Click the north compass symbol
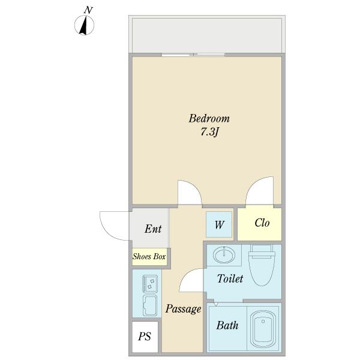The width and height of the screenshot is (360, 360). (84, 25)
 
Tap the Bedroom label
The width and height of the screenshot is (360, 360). (209, 118)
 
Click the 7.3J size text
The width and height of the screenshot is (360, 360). (209, 132)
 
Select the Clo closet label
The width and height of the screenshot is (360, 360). (262, 223)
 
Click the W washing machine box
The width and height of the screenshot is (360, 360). (219, 224)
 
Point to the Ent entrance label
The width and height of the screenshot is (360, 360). (153, 229)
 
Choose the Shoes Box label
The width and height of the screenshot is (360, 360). (149, 256)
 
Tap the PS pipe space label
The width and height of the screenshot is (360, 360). (145, 337)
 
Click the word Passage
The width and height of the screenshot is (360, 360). (183, 309)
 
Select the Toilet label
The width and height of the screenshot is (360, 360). (230, 278)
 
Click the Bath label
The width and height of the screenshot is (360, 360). (227, 325)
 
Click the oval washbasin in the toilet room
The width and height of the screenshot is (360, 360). (224, 255)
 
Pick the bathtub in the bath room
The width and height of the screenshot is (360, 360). (263, 329)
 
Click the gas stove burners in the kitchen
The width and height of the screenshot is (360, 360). (150, 284)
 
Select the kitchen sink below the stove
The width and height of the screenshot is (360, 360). (150, 305)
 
